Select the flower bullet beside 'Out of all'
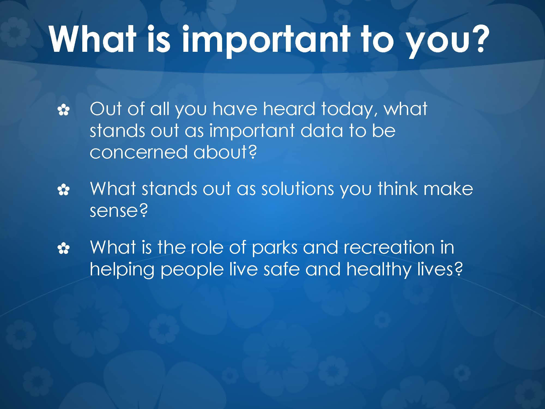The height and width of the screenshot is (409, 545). tap(63, 111)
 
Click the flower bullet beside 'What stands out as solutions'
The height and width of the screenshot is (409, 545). tap(63, 190)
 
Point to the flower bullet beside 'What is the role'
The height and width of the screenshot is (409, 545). tap(63, 249)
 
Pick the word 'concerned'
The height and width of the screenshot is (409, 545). tap(139, 152)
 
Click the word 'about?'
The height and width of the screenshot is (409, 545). tap(225, 152)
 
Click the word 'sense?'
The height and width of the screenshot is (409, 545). tap(119, 210)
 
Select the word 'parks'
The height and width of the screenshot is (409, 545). tap(274, 249)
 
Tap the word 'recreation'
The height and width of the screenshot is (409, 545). tap(389, 247)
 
